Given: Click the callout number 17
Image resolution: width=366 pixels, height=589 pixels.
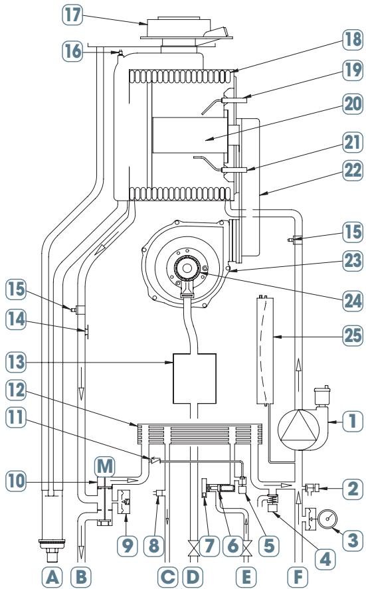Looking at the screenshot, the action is click(x=72, y=15).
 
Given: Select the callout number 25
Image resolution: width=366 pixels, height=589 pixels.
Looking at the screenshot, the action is click(x=353, y=335).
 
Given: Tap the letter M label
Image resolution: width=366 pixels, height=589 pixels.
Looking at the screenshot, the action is click(x=104, y=466).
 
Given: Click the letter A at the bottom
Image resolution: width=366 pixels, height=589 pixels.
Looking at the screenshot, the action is click(x=52, y=576).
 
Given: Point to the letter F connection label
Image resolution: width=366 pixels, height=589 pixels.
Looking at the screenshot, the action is click(x=298, y=576).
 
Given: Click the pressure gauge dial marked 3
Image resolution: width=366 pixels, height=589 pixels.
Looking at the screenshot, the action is click(x=327, y=519).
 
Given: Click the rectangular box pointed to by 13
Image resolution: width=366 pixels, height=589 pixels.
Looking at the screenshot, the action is click(x=194, y=379).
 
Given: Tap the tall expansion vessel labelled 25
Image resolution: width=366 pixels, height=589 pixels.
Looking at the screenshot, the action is click(x=266, y=350).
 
